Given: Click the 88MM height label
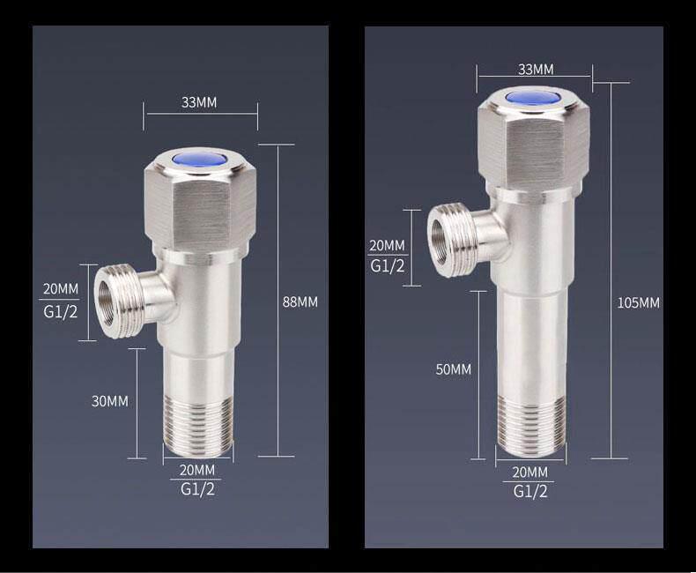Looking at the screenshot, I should (x=300, y=301).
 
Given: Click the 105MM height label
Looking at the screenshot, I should (x=638, y=302).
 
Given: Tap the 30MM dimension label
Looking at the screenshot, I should (x=110, y=401).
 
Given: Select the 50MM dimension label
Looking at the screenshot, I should (x=453, y=368).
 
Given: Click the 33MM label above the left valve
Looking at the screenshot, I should (x=199, y=102).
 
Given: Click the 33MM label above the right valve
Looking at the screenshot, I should (x=536, y=69).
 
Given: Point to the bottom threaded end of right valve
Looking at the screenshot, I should (x=531, y=428).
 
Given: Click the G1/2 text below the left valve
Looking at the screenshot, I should (x=197, y=489).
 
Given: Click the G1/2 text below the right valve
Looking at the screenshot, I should (x=530, y=491).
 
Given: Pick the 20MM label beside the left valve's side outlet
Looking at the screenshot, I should (x=60, y=289).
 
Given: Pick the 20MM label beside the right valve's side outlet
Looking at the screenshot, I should (x=388, y=245).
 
